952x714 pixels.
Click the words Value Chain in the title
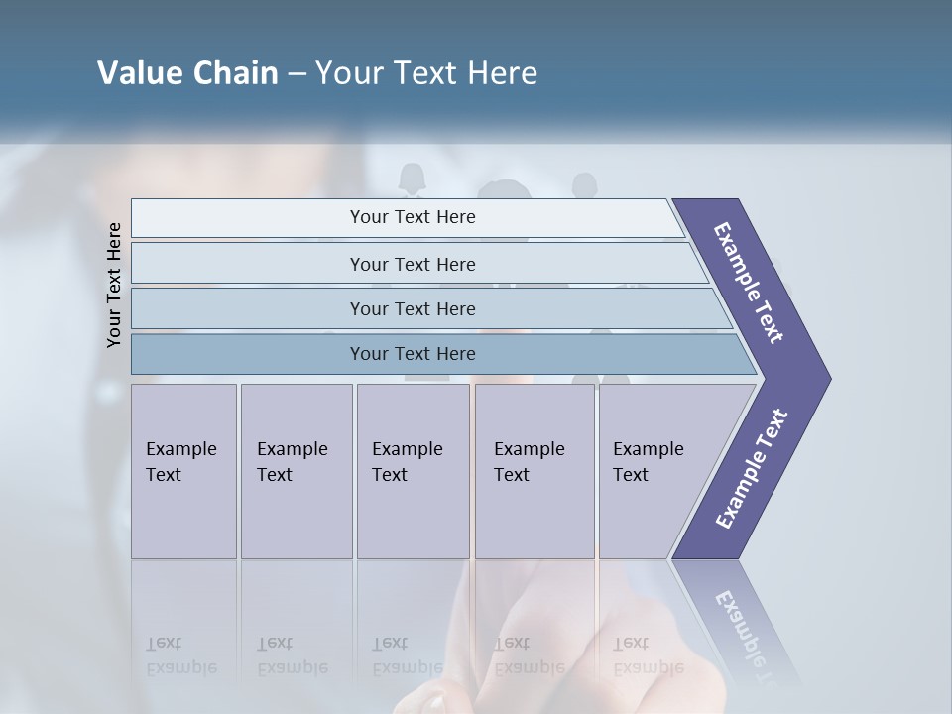click(187, 73)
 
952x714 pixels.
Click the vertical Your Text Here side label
click(114, 285)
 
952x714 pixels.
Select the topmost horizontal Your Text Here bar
click(412, 217)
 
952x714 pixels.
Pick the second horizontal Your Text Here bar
click(412, 264)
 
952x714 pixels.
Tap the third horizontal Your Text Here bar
click(412, 308)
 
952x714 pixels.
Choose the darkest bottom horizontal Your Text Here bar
click(412, 354)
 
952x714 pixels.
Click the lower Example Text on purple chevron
click(752, 468)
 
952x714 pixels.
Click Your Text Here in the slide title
click(426, 73)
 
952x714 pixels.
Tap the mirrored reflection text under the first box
click(181, 655)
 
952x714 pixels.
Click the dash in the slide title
click(297, 74)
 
